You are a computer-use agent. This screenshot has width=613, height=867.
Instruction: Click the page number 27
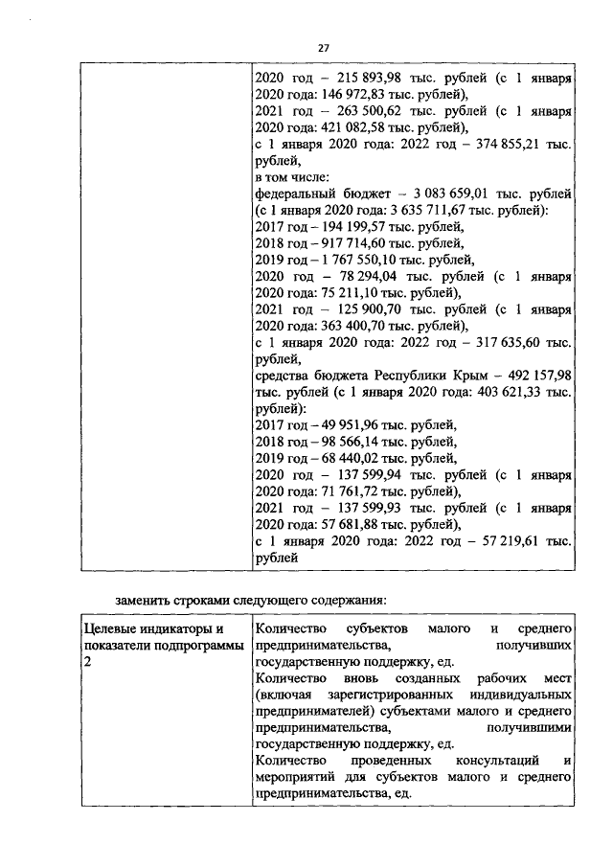(323, 49)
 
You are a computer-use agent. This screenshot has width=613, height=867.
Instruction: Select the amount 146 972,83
(343, 95)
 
